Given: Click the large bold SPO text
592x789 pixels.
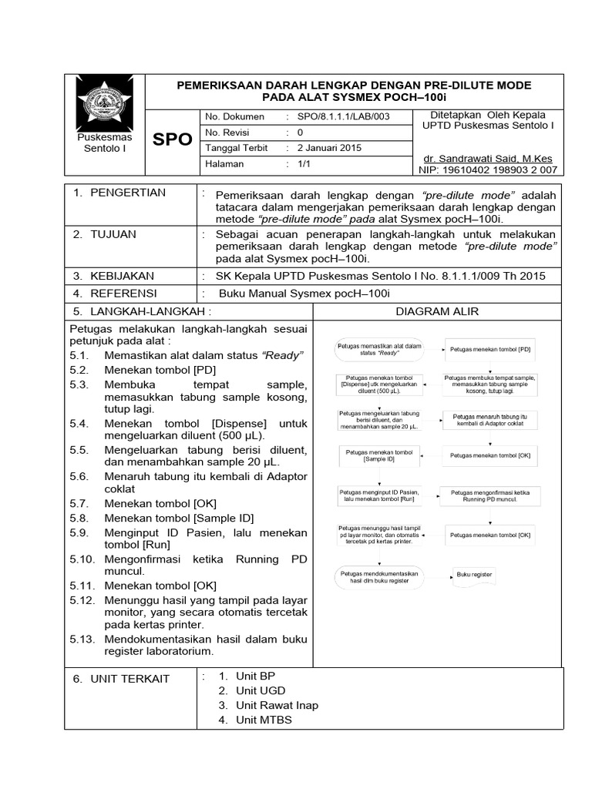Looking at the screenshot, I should (172, 139).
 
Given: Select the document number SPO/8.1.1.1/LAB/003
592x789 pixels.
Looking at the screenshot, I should (338, 116).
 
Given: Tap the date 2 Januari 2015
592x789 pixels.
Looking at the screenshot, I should (329, 148).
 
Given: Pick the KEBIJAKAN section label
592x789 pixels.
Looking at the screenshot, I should (122, 275).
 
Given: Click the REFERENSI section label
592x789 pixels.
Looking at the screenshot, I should (123, 294).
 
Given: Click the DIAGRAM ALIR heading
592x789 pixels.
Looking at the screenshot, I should (437, 311).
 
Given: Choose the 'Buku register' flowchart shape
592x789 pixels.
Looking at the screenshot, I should (474, 575).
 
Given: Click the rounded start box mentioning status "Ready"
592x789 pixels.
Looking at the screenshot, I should (380, 349).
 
